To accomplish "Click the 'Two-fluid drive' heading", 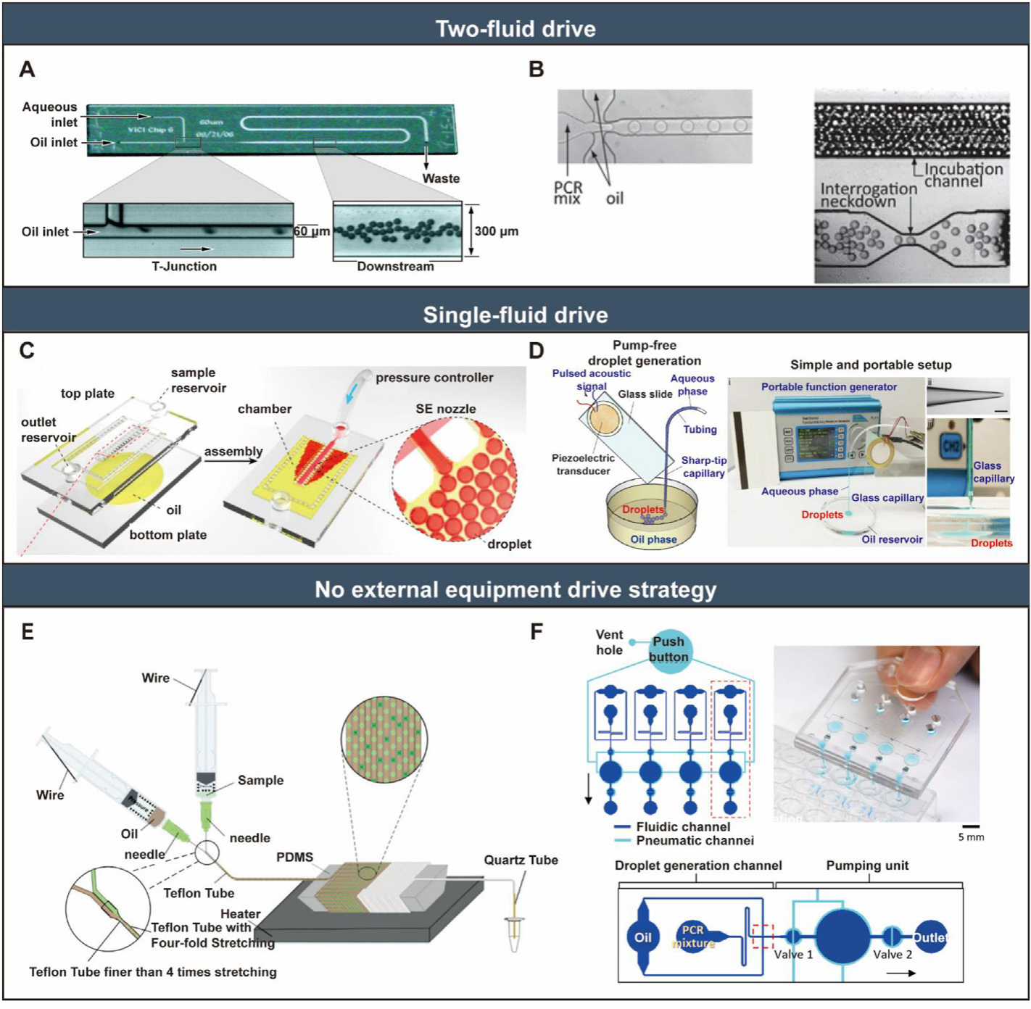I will pos(515,28).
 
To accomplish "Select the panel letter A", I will pos(27,69).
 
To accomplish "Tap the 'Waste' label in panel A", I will pos(441,178).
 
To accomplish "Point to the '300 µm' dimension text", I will pos(496,231).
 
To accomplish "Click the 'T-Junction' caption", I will pos(184,266).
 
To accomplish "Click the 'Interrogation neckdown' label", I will pos(868,194).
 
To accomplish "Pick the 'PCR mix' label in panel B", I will pos(568,193).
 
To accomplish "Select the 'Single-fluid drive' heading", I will pos(515,315).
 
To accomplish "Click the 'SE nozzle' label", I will pos(445,409).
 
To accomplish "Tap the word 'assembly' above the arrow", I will pos(233,452).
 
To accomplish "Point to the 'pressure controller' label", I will pos(434,378).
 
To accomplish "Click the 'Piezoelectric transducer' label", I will pos(583,465).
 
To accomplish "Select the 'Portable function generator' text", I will pos(829,387).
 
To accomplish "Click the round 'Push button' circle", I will pos(668,649).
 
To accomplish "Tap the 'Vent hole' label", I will pos(609,642).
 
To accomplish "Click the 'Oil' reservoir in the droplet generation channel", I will pos(643,937).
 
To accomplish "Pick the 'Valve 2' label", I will pos(892,955).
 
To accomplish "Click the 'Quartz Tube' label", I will pos(521,860).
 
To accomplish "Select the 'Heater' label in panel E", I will pos(240,914).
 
